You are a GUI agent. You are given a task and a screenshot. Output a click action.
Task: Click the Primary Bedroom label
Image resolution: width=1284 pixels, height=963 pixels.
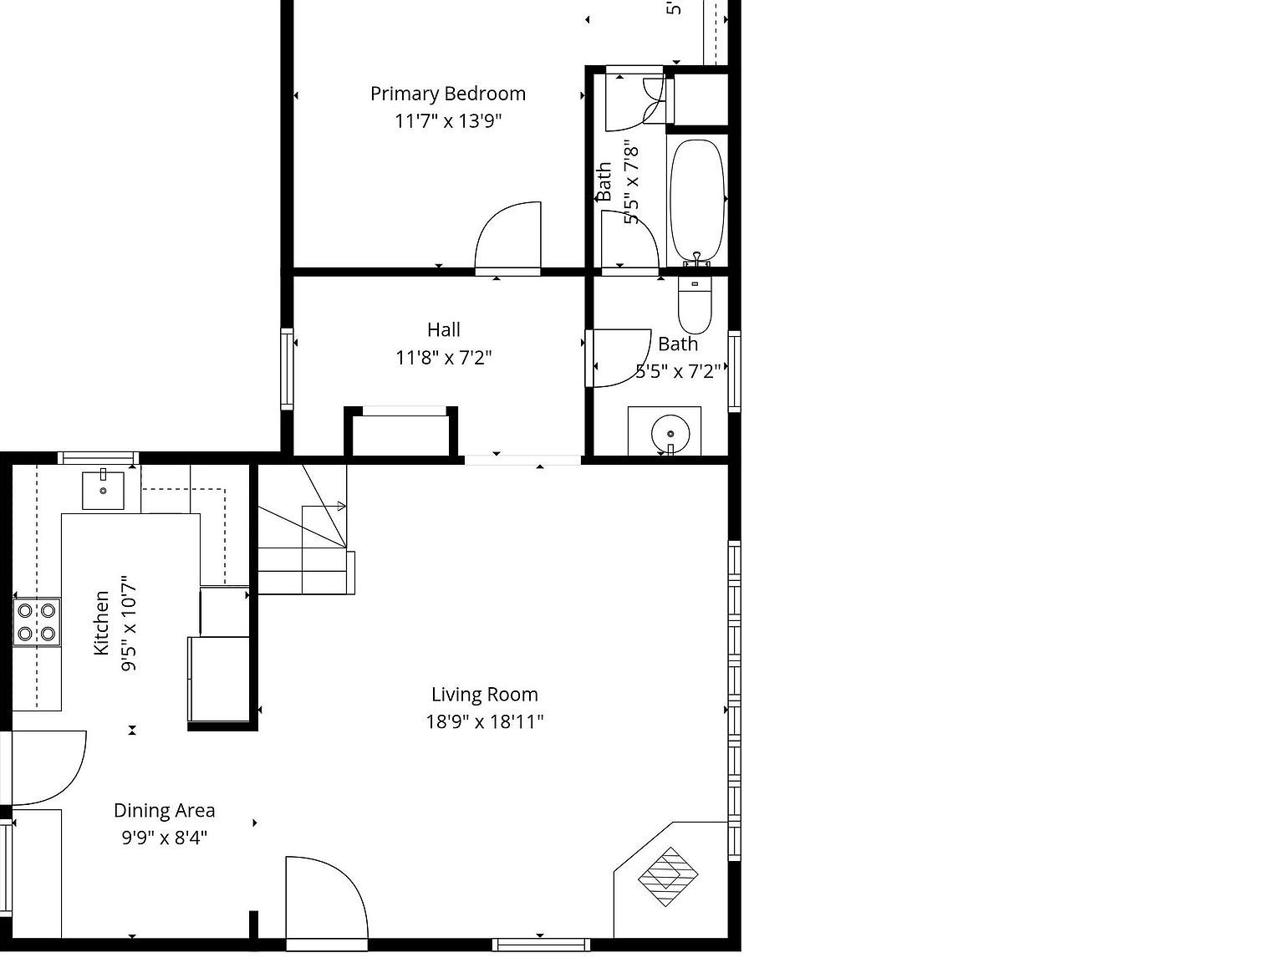(448, 94)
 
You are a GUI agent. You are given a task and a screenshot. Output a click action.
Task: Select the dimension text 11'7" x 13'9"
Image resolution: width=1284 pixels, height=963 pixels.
(448, 121)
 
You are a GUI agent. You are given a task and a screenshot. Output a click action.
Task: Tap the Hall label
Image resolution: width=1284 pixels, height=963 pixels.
(443, 330)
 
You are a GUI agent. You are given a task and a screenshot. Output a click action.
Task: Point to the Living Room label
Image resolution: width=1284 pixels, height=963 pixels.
(485, 695)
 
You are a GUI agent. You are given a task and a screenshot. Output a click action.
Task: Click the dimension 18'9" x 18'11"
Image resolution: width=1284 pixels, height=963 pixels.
(485, 721)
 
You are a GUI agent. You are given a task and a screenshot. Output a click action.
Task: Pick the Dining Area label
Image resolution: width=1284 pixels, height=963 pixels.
(165, 811)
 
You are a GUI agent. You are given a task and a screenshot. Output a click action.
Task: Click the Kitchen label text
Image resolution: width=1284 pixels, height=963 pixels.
(101, 623)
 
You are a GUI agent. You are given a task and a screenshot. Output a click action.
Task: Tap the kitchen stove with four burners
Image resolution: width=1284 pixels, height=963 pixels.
(37, 622)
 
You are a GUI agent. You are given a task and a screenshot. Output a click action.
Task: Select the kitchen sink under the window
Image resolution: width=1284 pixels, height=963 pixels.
(103, 491)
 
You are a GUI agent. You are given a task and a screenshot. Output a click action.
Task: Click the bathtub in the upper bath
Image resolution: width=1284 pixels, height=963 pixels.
(696, 201)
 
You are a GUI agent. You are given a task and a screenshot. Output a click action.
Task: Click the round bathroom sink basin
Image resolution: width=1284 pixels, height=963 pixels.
(670, 434)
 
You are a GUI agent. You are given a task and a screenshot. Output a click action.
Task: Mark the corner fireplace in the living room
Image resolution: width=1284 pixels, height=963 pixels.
(668, 877)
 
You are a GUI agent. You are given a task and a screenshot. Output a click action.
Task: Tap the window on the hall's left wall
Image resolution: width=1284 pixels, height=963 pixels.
(287, 369)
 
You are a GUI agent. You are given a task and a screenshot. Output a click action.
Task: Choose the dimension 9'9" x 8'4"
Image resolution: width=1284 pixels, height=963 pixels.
(165, 838)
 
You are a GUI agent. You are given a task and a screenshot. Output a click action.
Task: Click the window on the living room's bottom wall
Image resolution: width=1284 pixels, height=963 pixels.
(541, 945)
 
